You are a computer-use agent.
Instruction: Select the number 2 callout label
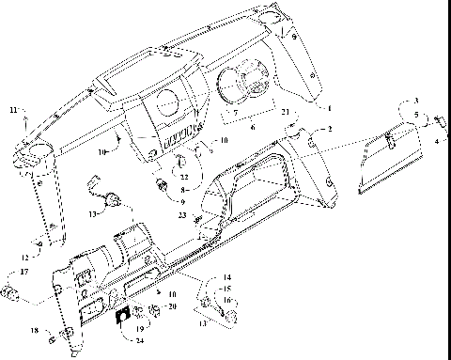point(329,128)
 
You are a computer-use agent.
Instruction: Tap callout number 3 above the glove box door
point(416,100)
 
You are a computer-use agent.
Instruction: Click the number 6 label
point(252,124)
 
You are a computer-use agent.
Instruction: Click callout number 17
point(24,273)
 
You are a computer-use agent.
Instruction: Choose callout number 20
point(171,306)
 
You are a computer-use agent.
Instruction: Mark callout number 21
point(283,111)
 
